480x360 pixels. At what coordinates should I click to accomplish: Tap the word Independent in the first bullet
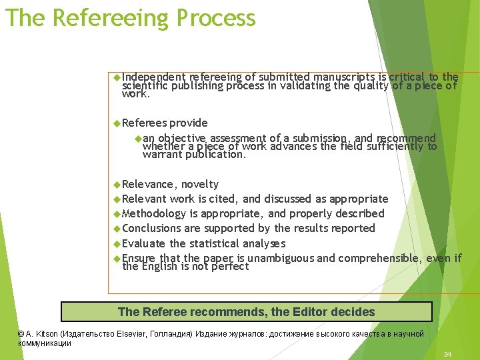pyautogui.click(x=154, y=77)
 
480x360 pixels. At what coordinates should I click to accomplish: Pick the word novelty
pyautogui.click(x=200, y=184)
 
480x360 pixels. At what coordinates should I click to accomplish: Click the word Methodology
pyautogui.click(x=154, y=213)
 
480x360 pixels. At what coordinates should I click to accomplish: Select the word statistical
pyautogui.click(x=215, y=243)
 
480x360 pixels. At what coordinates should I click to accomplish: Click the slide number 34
pyautogui.click(x=447, y=354)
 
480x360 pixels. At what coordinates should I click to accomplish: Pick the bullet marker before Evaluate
pyautogui.click(x=117, y=243)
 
